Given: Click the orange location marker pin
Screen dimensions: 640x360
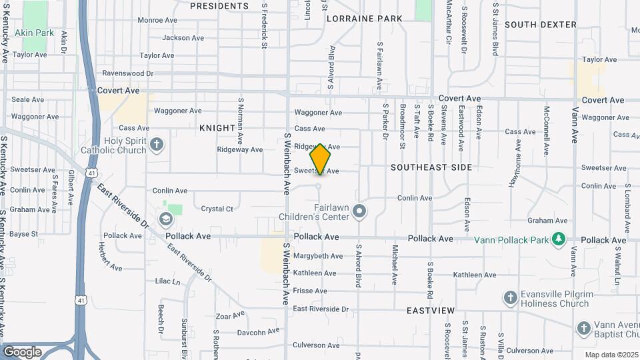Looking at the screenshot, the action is click(321, 159).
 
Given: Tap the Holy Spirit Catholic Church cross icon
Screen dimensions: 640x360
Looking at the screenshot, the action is click(156, 144).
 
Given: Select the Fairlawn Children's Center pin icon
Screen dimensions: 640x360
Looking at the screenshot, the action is click(360, 212).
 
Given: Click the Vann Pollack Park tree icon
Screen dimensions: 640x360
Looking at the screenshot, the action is click(559, 239).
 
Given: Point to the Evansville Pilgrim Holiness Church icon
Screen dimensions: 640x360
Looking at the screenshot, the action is click(511, 298).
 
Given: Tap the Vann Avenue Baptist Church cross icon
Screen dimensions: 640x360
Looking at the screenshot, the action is click(584, 328).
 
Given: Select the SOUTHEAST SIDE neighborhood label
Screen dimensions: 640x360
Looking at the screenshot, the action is click(431, 167).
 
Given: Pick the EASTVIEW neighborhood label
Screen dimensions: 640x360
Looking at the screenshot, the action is click(431, 311).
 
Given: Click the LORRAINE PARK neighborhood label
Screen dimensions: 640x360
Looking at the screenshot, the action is click(364, 19).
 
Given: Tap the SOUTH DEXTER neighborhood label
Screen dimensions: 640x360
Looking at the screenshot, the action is click(541, 25).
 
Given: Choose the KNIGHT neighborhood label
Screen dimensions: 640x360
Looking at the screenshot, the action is click(217, 127).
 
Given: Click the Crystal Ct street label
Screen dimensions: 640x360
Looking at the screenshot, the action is click(217, 209).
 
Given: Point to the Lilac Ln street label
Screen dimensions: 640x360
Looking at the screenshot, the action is click(168, 282).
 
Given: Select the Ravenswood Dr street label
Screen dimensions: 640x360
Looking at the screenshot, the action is click(128, 73).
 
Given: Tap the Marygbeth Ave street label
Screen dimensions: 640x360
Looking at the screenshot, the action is click(318, 256).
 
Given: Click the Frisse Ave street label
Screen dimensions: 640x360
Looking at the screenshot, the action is click(309, 291).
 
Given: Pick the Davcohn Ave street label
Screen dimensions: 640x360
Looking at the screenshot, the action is click(259, 332).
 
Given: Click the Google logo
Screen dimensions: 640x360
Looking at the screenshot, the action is click(22, 351).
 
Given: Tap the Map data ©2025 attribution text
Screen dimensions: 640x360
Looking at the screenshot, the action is click(611, 355).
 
